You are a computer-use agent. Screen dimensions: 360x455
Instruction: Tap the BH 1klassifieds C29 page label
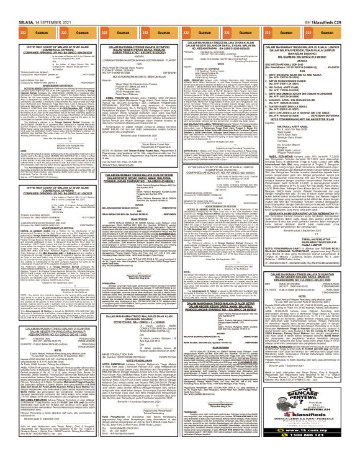tap(335, 4)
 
